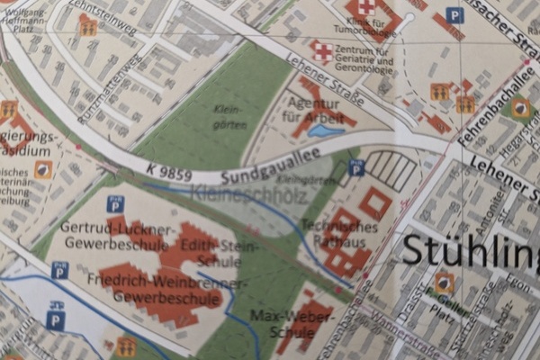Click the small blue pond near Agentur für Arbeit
click(x=320, y=131)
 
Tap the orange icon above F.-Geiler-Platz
click(x=443, y=284)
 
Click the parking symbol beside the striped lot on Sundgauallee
click(x=356, y=166)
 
